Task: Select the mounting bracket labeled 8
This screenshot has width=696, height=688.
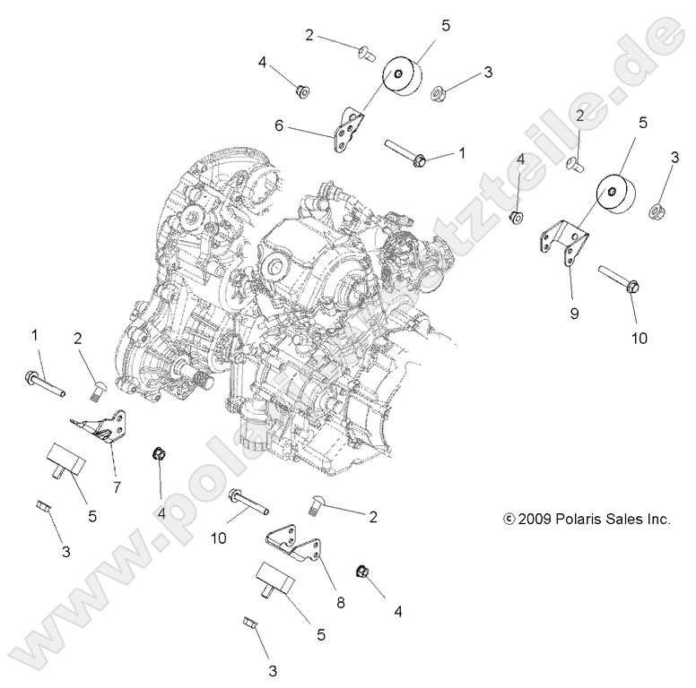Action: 297,546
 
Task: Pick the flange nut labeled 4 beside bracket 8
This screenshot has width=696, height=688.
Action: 363,571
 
